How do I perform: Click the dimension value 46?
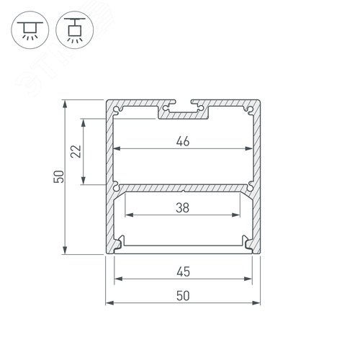pyautogui.click(x=183, y=141)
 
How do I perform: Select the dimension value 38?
pyautogui.click(x=183, y=207)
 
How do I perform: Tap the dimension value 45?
pyautogui.click(x=183, y=271)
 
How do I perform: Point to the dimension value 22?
pyautogui.click(x=76, y=151)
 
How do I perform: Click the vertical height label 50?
pyautogui.click(x=59, y=176)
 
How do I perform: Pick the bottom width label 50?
pyautogui.click(x=183, y=296)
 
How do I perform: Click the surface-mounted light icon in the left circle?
pyautogui.click(x=30, y=30)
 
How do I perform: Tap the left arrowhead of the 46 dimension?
pyautogui.click(x=117, y=149)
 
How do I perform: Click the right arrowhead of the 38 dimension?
pyautogui.click(x=236, y=215)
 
